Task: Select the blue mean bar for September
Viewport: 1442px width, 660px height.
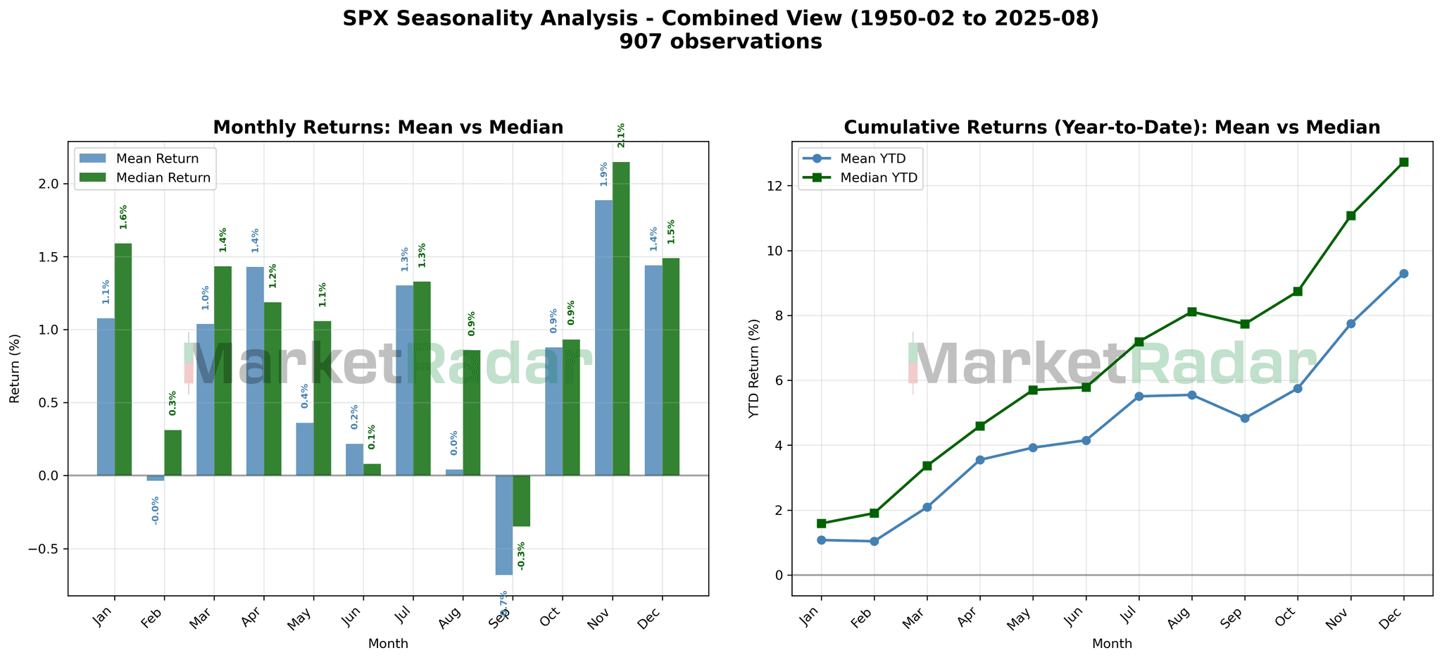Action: coord(504,525)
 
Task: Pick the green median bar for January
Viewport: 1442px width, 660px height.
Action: coord(123,359)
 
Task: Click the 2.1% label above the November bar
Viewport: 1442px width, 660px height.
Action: coord(621,135)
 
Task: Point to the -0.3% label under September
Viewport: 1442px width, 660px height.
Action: coord(521,556)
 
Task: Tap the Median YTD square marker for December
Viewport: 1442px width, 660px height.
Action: coord(1403,162)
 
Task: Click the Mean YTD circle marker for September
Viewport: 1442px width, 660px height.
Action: coord(1245,418)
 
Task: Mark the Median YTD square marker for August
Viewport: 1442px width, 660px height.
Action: coord(1191,312)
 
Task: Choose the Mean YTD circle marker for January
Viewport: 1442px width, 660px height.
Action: coord(821,540)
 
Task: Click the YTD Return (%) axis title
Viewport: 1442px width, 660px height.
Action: coord(755,368)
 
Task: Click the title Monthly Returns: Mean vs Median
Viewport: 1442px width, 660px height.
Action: coord(388,127)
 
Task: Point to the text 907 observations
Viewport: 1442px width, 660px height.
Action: coord(720,42)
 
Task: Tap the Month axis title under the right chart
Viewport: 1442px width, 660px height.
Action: coord(1112,644)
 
